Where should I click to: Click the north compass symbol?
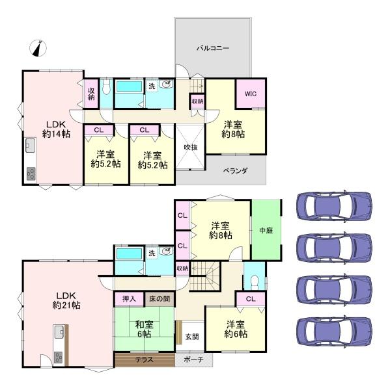click(x=38, y=48)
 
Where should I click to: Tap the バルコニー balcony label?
click(x=213, y=48)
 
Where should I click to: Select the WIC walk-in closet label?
click(x=251, y=94)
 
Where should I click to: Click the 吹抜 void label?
click(x=191, y=148)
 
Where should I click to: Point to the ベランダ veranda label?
click(x=235, y=170)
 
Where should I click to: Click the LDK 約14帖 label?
click(x=56, y=129)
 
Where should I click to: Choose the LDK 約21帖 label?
click(x=66, y=300)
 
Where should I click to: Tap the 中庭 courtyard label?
click(x=266, y=230)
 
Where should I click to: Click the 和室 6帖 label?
click(x=145, y=330)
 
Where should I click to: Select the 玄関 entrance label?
click(x=192, y=337)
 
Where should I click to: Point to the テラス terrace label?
click(x=145, y=359)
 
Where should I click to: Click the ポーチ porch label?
click(x=193, y=359)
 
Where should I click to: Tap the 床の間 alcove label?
click(x=160, y=298)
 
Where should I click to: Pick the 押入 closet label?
click(x=129, y=298)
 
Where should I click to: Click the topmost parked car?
click(x=334, y=205)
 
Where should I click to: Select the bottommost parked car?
click(x=334, y=331)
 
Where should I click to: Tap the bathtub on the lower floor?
click(x=130, y=254)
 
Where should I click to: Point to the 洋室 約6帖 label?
click(x=236, y=330)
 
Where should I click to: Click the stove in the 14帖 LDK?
click(x=31, y=174)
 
